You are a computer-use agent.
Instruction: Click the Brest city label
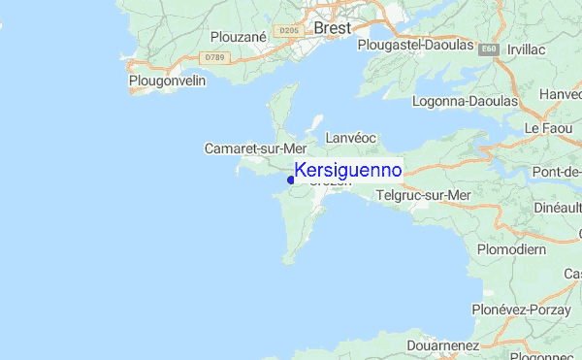point(333,29)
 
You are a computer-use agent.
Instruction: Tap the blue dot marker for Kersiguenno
point(290,179)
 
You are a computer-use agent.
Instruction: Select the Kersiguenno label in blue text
point(346,171)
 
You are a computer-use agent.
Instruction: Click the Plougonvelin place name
point(167,82)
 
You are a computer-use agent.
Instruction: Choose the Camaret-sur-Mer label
point(255,148)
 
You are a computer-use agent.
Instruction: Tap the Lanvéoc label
point(350,139)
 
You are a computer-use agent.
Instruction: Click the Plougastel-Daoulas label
point(414,45)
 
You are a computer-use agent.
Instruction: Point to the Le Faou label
point(549,128)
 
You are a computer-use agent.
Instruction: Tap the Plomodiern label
point(511,249)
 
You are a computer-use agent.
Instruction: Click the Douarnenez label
point(443,344)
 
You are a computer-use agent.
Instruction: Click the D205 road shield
point(287,31)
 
